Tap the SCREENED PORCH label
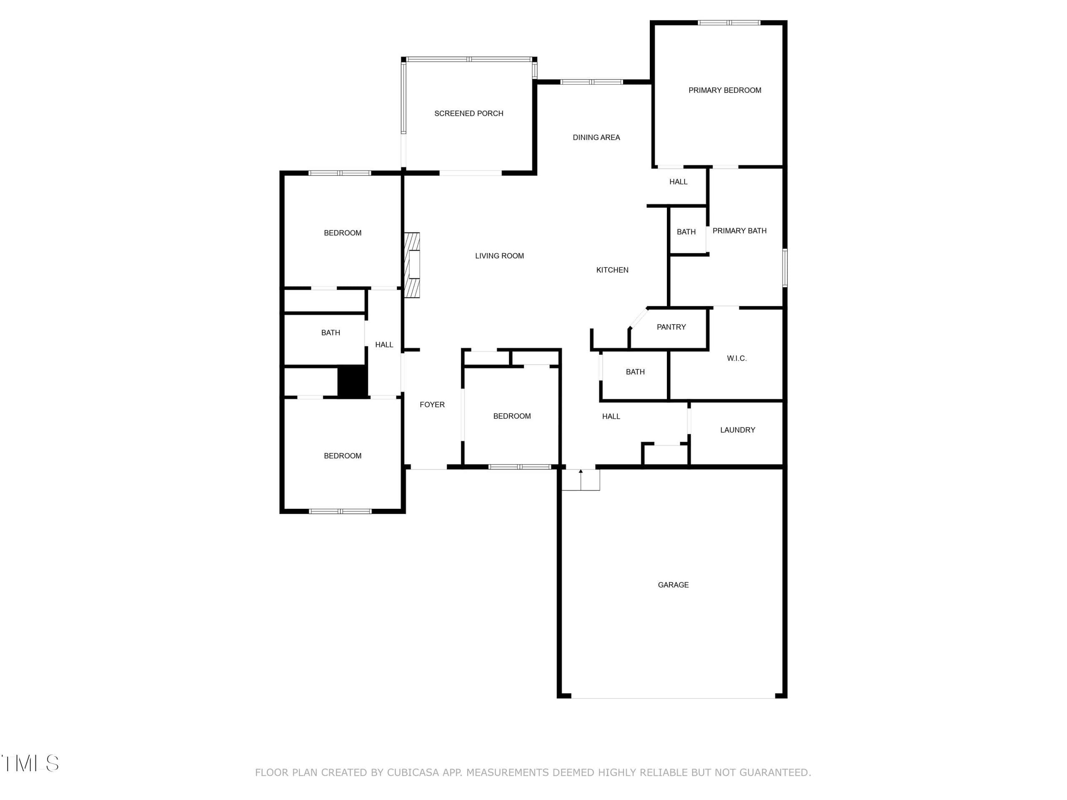[x=468, y=113]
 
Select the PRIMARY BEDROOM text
[x=724, y=90]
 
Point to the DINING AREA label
[x=596, y=137]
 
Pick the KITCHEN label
[x=612, y=270]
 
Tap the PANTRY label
[x=671, y=327]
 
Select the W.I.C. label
[x=736, y=358]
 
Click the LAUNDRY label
[x=738, y=430]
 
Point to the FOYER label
[x=432, y=405]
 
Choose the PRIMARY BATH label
[x=739, y=231]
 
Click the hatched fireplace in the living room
[x=411, y=265]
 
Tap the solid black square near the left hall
[x=352, y=381]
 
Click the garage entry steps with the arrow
[x=581, y=480]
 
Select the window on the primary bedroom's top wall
[x=729, y=22]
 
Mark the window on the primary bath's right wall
[x=785, y=267]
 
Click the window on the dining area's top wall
[x=591, y=82]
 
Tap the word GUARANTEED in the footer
[x=775, y=772]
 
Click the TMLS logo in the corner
[x=30, y=763]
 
